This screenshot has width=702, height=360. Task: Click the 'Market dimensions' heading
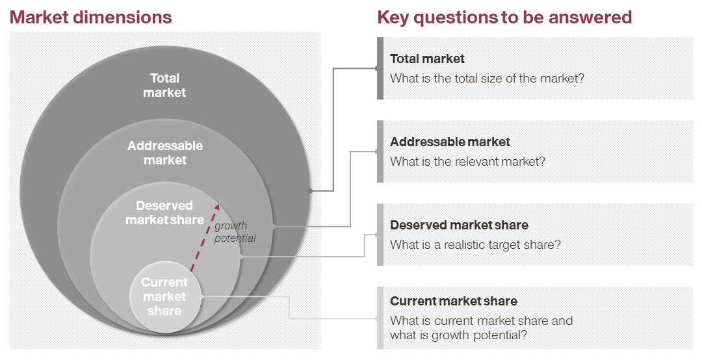90,18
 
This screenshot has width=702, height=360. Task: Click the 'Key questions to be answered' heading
504,18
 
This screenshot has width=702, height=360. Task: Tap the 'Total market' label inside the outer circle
164,85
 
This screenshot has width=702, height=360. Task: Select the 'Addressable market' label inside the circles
165,153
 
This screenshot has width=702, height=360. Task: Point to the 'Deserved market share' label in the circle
164,212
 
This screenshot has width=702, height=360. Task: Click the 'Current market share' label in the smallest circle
164,296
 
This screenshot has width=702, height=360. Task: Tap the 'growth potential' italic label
235,232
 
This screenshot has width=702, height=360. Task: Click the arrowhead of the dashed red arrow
217,207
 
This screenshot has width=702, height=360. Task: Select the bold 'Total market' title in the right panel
427,58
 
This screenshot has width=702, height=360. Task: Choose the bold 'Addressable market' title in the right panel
450,142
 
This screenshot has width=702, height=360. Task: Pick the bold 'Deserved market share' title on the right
459,225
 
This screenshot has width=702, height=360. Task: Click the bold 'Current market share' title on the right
454,301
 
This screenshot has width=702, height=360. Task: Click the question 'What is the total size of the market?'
487,79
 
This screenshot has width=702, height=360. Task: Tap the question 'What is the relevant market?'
467,161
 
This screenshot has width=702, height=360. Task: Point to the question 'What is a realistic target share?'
475,244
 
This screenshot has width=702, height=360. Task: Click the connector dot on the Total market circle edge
310,191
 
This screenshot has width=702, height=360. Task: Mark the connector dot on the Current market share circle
200,296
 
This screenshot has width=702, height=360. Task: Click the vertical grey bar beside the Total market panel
380,68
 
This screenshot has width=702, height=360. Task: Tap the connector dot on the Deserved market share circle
241,257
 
